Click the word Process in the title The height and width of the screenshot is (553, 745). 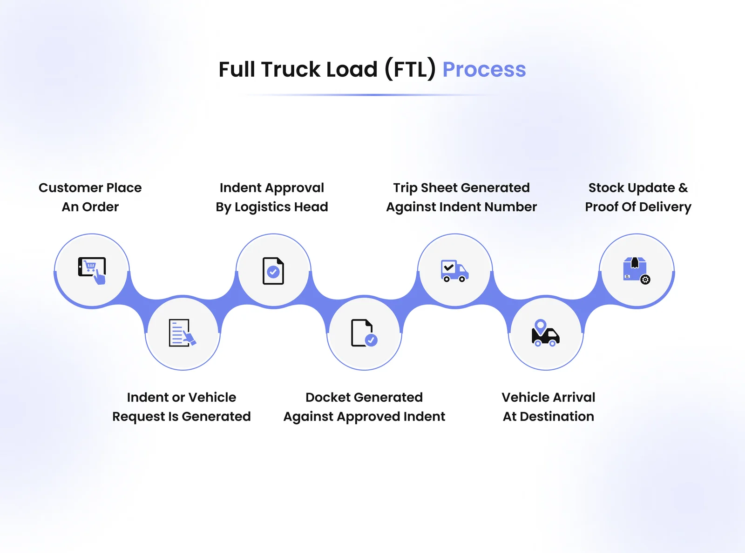pyautogui.click(x=484, y=70)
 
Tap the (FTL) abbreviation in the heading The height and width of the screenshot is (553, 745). pyautogui.click(x=410, y=70)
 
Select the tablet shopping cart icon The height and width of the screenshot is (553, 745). pyautogui.click(x=92, y=270)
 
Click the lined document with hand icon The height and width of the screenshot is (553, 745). pyautogui.click(x=182, y=333)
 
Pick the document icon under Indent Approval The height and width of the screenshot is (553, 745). pyautogui.click(x=273, y=271)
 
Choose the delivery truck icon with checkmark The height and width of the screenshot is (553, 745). pyautogui.click(x=454, y=271)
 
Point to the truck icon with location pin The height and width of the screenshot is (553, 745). pyautogui.click(x=545, y=333)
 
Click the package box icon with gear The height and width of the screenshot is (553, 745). pyautogui.click(x=636, y=270)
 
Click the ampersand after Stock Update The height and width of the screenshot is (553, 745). pyautogui.click(x=683, y=188)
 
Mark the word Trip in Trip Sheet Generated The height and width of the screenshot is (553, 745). pyautogui.click(x=405, y=188)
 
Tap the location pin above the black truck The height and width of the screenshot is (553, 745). pyautogui.click(x=540, y=325)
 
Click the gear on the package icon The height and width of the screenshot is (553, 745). pyautogui.click(x=645, y=280)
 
